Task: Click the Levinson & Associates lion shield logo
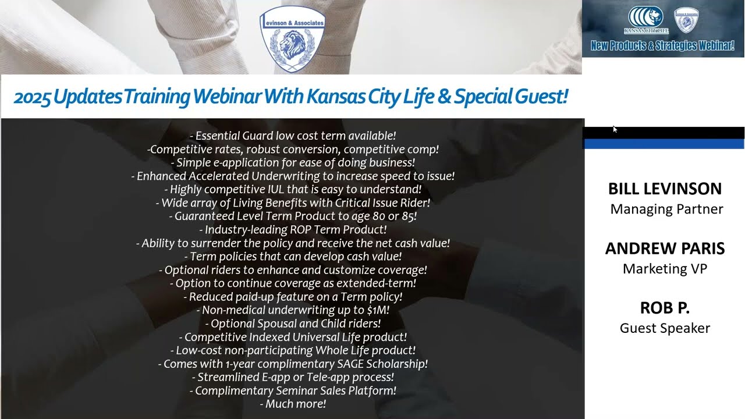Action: click(292, 40)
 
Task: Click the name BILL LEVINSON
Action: click(665, 189)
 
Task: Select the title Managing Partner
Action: click(666, 209)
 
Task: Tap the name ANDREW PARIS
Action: click(665, 248)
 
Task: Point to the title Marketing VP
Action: click(665, 268)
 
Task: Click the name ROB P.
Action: click(665, 308)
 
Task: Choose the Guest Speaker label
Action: click(665, 328)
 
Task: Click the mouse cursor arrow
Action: click(615, 129)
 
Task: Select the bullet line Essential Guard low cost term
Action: click(293, 136)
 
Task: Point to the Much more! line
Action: click(293, 403)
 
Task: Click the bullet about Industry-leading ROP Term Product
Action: click(293, 229)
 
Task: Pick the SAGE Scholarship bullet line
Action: click(293, 364)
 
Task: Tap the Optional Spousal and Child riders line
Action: click(293, 323)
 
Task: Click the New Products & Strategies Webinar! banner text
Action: click(662, 45)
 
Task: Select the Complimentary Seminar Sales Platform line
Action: click(293, 390)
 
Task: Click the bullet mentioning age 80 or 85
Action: click(293, 216)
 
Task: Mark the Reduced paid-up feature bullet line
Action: click(293, 296)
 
